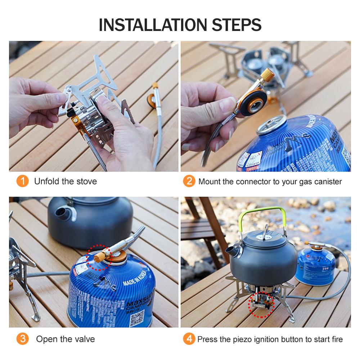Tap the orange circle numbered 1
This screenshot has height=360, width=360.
(22, 181)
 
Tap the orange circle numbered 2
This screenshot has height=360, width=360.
(189, 181)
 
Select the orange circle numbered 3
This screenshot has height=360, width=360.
(22, 339)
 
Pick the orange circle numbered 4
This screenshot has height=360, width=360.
(189, 339)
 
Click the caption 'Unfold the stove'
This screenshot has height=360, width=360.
(66, 181)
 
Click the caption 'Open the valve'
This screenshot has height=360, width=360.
(66, 339)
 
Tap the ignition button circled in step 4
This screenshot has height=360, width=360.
(261, 305)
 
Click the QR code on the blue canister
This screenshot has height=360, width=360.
(136, 318)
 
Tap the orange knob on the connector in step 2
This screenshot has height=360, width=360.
(268, 75)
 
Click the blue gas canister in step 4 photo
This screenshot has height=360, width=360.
(314, 266)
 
